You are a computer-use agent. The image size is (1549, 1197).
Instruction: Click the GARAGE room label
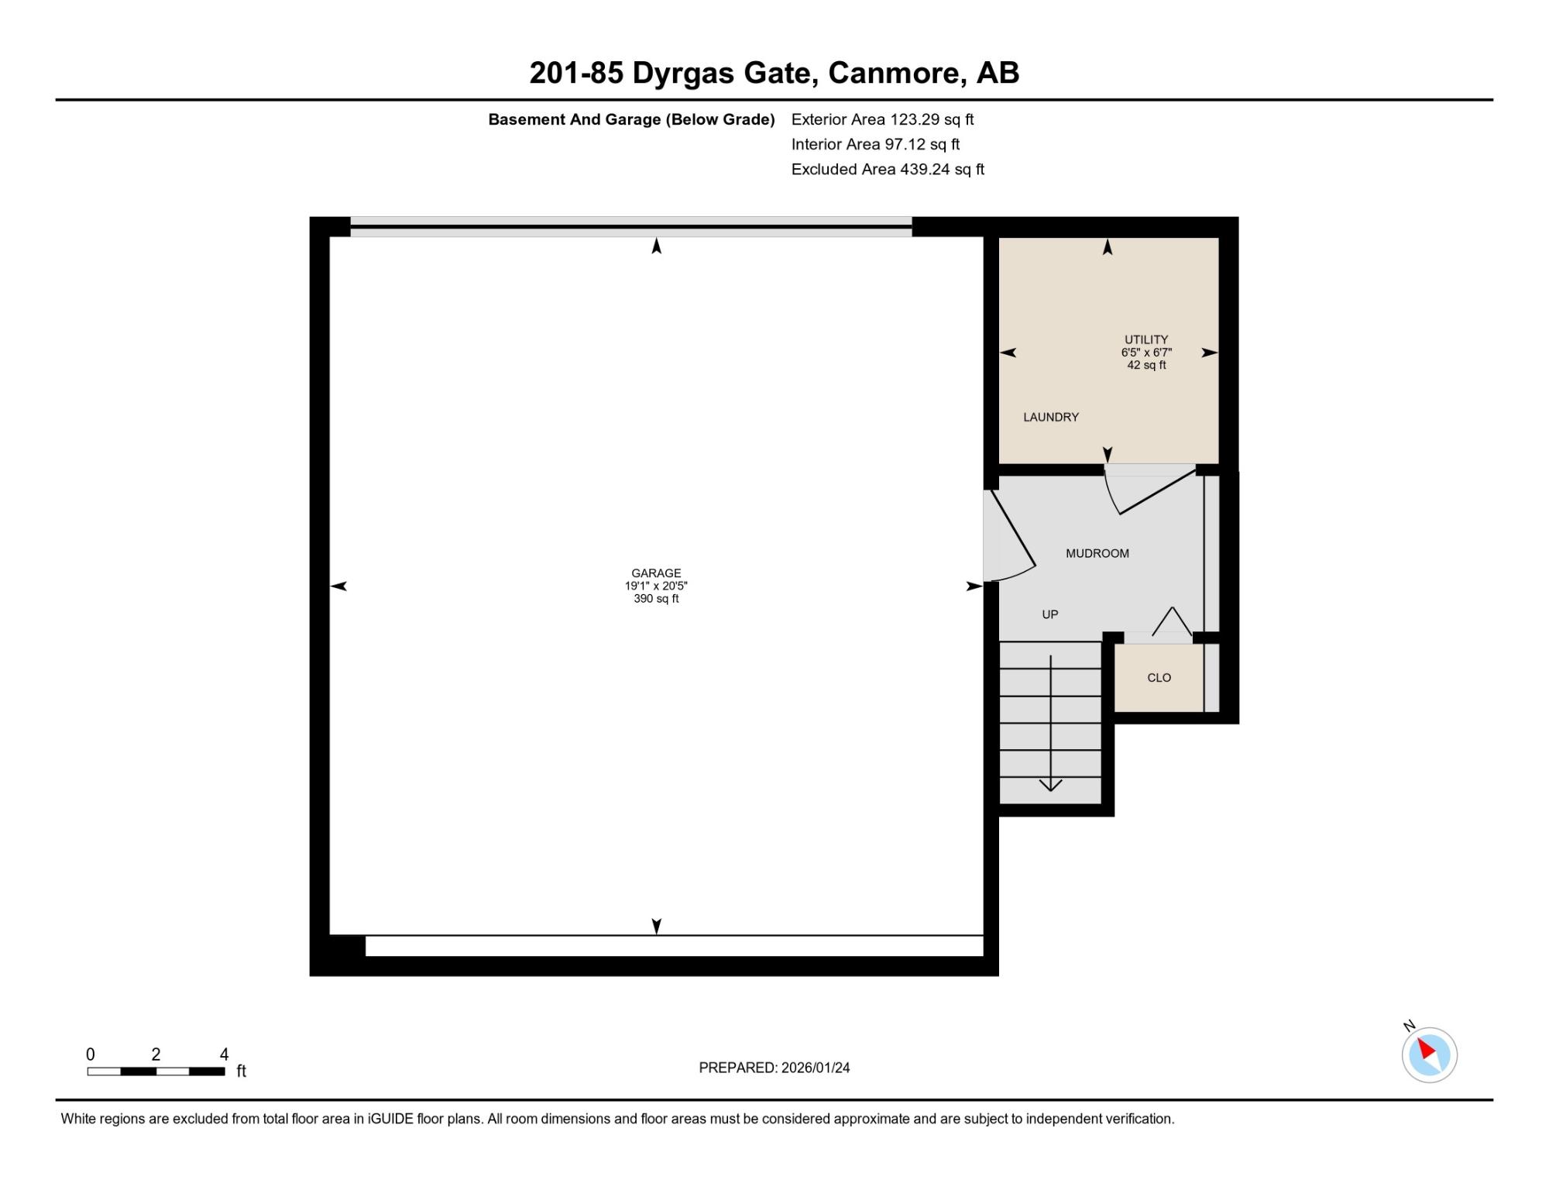656,573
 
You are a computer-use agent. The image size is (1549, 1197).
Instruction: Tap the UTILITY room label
1146,339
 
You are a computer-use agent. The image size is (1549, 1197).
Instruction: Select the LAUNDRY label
1051,417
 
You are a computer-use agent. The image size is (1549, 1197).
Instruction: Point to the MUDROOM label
1097,553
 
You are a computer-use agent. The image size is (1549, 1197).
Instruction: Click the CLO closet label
1159,677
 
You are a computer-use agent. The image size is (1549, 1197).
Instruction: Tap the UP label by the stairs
1050,614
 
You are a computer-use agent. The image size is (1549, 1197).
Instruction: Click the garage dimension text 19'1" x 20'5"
656,586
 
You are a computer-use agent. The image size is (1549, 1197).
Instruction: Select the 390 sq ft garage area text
656,599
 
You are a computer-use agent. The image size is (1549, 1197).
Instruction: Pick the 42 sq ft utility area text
1146,365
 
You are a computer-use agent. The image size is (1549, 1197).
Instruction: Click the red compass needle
1427,1049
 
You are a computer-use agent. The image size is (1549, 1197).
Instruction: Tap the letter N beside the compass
1409,1027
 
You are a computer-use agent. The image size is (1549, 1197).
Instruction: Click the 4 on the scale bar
224,1054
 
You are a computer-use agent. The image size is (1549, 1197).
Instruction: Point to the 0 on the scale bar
91,1054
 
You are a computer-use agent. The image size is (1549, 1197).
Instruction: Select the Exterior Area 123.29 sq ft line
882,119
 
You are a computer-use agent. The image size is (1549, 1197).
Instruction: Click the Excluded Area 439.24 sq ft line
888,169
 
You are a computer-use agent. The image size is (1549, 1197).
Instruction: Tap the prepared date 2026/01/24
816,1068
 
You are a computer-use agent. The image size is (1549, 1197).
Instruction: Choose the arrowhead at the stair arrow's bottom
1050,785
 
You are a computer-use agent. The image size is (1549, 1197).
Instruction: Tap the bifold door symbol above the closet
1172,621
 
